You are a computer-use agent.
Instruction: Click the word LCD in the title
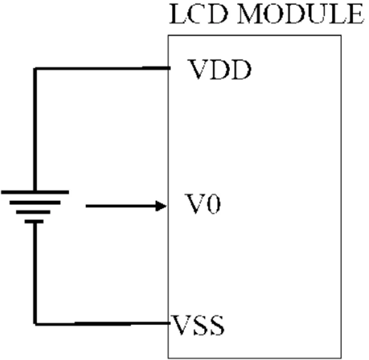197,15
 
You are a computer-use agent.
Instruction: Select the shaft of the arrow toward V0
120,206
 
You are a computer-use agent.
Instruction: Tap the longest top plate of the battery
35,192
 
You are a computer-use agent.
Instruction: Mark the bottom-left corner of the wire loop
35,323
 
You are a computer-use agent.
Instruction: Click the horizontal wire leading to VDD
100,68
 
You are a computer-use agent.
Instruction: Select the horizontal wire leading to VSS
100,323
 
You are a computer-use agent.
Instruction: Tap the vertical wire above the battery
35,131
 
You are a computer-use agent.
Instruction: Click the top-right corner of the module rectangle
341,35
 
